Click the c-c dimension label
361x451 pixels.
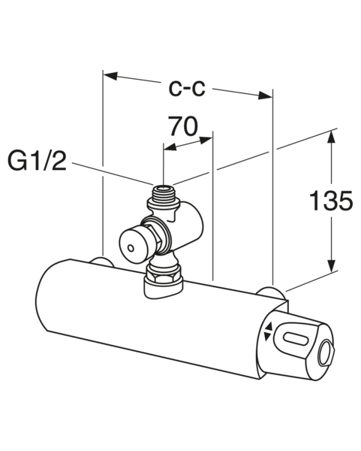tap(186, 88)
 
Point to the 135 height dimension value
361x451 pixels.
tap(331, 201)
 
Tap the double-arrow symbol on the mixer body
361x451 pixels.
tap(269, 331)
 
